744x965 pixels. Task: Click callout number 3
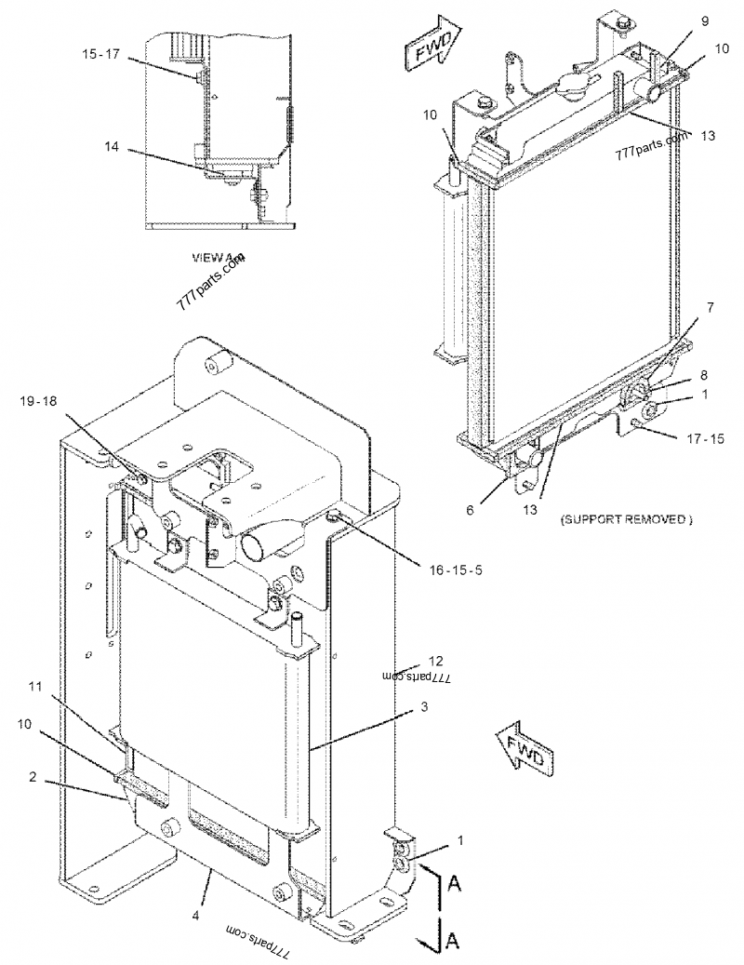pos(423,708)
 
